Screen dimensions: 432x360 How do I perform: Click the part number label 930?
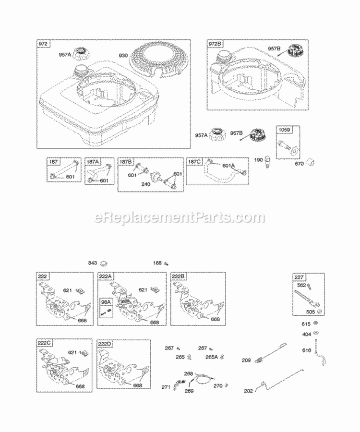(123, 56)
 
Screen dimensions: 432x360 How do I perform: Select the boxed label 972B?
(215, 44)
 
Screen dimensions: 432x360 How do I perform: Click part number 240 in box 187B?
(146, 183)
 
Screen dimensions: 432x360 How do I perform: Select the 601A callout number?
(228, 166)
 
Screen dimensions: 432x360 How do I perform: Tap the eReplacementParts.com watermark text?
(180, 217)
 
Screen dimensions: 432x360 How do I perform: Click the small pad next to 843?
(108, 263)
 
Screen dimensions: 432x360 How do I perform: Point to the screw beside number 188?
(167, 263)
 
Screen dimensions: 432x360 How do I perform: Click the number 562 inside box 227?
(301, 285)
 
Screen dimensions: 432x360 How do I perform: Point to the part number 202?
(248, 391)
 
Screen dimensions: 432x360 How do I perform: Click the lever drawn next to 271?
(181, 384)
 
